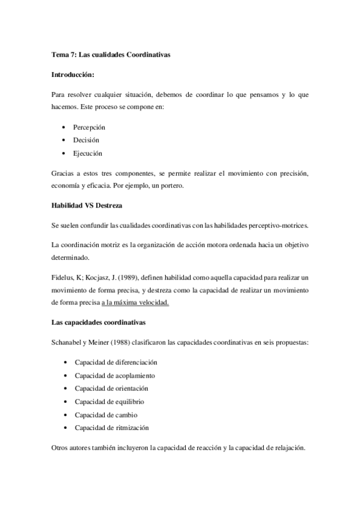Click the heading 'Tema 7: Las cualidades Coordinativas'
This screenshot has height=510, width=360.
pyautogui.click(x=111, y=55)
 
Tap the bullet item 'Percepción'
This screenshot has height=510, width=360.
pyautogui.click(x=89, y=128)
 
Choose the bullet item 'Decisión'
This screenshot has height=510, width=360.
pyautogui.click(x=86, y=140)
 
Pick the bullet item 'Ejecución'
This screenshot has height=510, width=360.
pyautogui.click(x=88, y=153)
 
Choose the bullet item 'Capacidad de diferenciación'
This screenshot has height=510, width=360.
pyautogui.click(x=115, y=363)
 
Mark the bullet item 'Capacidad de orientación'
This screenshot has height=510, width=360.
pyautogui.click(x=111, y=388)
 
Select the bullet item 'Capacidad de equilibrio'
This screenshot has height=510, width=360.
pyautogui.click(x=109, y=401)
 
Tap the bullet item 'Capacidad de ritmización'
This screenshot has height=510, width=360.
pyautogui.click(x=111, y=428)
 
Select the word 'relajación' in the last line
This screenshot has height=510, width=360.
pyautogui.click(x=290, y=447)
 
